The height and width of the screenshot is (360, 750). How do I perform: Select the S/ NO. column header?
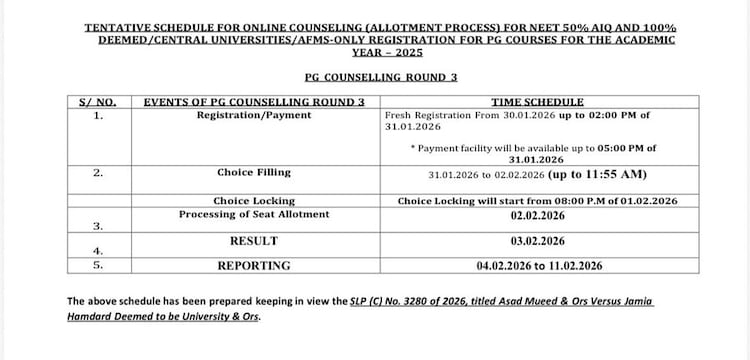pos(97,102)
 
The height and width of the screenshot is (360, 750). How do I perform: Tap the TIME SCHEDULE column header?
pos(537,102)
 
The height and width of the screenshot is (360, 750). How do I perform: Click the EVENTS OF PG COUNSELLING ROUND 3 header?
pos(254,102)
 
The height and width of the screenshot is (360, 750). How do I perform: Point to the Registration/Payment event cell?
pos(254,115)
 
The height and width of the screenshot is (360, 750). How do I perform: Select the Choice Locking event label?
pos(254,201)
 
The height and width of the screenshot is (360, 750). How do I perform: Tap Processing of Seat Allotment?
pos(254,215)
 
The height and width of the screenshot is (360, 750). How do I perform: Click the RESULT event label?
pos(254,241)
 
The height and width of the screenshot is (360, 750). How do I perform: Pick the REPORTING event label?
pos(254,265)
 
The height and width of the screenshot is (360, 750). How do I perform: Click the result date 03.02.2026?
pos(537,241)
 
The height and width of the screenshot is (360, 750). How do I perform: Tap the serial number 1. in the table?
pos(97,116)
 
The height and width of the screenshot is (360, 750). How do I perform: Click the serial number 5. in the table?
pos(97,265)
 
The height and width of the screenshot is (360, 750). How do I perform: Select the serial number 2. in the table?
pos(97,173)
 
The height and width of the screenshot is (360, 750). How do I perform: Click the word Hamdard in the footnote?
pos(93,318)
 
